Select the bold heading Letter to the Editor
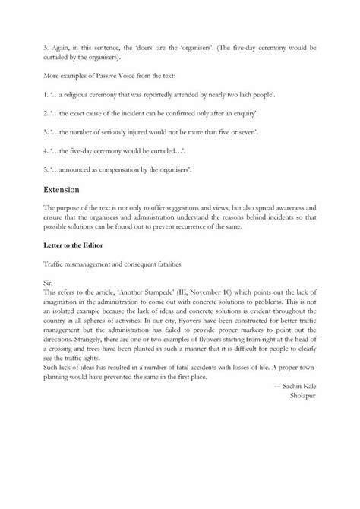click(x=75, y=245)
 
